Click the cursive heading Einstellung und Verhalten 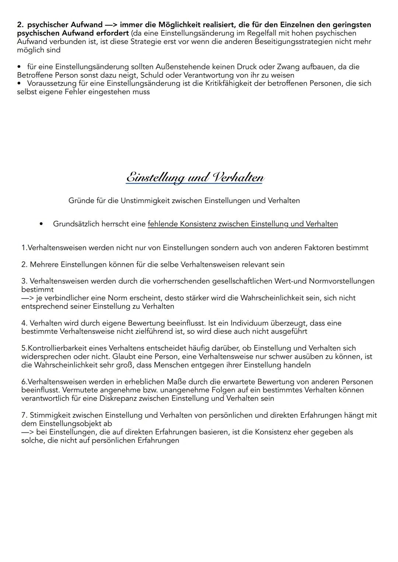point(195,177)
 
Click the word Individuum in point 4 point(249,323)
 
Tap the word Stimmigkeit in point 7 point(50,415)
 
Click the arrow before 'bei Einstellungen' point(28,432)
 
